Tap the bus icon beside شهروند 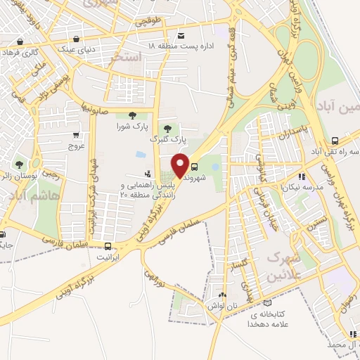click(x=195, y=167)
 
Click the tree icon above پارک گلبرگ click(x=167, y=129)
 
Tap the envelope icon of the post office click(x=181, y=35)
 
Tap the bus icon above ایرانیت click(x=108, y=246)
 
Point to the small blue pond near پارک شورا click(x=141, y=155)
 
